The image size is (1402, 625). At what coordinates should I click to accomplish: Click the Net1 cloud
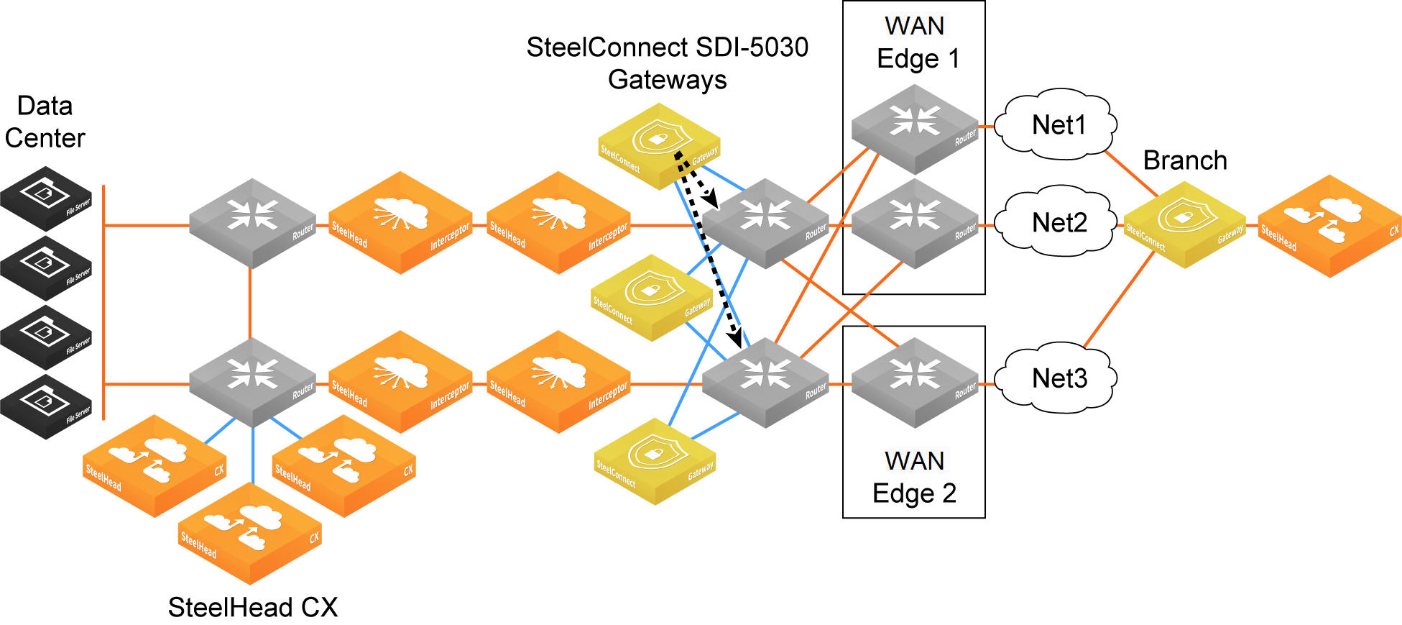tap(1059, 124)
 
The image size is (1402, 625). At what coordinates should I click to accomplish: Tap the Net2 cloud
tap(1059, 222)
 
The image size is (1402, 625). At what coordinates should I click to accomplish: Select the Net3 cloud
tap(1059, 378)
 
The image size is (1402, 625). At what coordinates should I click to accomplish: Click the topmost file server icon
tap(46, 199)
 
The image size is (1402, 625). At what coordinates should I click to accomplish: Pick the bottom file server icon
tap(46, 406)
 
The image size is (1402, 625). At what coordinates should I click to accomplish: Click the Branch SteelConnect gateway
tap(1184, 224)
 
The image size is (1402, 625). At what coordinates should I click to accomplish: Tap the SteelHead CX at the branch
tap(1329, 226)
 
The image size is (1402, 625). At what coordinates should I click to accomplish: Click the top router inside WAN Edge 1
tap(915, 129)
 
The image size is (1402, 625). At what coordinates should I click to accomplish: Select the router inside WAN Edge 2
tap(915, 383)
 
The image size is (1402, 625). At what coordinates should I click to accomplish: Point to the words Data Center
tap(45, 122)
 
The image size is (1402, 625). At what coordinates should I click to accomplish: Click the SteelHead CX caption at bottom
tap(253, 607)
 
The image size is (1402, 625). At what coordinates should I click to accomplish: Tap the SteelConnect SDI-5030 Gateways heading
tap(668, 63)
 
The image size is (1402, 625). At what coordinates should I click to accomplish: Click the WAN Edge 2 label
tap(914, 477)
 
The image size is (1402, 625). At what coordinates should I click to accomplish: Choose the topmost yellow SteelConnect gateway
tap(659, 146)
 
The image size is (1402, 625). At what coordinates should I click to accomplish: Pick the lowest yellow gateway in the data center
tap(655, 461)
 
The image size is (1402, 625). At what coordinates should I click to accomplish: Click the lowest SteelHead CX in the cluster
tap(249, 533)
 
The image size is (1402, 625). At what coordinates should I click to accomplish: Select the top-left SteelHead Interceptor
tap(400, 222)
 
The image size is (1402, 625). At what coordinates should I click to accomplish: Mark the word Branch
tap(1185, 160)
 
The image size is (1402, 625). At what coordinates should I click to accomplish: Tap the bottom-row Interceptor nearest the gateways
tap(558, 382)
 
